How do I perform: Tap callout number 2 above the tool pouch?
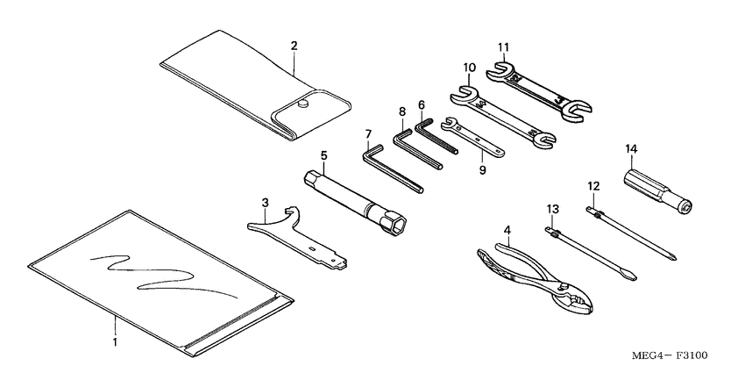294,45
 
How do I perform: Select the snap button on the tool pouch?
303,104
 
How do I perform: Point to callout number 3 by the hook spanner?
266,204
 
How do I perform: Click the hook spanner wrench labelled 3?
298,242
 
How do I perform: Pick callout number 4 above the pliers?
507,229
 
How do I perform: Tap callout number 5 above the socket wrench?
323,155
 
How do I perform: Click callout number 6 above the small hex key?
421,104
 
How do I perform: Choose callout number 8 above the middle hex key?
402,111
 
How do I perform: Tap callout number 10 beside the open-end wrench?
469,68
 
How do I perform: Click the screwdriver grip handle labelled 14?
653,187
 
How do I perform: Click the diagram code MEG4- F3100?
671,355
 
